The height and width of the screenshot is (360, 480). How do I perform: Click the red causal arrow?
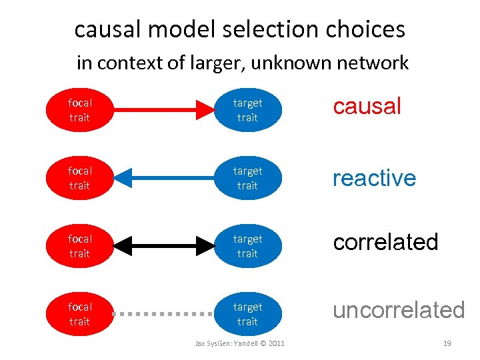point(163,110)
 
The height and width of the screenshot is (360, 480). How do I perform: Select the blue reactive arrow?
point(163,178)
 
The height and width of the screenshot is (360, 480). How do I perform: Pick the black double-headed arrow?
point(163,246)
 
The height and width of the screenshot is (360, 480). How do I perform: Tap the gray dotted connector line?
point(163,313)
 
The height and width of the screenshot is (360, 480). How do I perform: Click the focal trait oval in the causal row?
point(79,110)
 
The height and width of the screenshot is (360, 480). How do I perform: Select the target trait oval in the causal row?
point(247,110)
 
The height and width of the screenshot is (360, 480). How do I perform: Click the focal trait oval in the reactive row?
point(79,178)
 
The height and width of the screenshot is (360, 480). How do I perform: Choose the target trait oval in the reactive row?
point(247,178)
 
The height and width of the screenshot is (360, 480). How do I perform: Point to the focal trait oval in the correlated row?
point(79,246)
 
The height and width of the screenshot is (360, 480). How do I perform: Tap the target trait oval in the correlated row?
point(247,246)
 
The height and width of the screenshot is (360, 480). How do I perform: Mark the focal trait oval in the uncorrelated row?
point(79,314)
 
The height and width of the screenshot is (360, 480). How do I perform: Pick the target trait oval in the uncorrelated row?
point(247,314)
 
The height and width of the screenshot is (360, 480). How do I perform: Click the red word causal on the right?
point(367,106)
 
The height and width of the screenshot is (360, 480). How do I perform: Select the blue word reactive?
point(374,178)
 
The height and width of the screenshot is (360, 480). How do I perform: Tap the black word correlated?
point(385,242)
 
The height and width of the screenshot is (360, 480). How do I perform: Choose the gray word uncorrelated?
point(398,310)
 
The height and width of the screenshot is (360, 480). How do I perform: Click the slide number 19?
point(447,343)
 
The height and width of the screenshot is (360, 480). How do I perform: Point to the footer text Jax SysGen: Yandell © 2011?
point(239,343)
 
